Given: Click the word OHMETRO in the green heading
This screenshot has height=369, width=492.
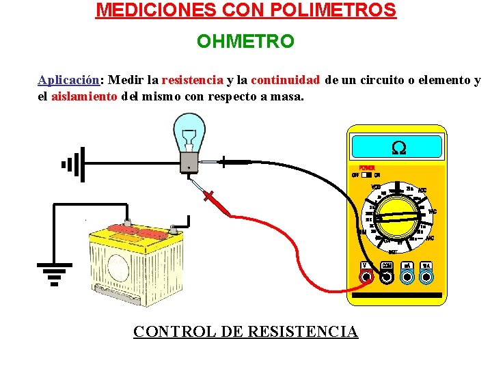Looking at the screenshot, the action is tap(245, 42).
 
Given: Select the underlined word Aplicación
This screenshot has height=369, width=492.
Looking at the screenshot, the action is tap(68, 80).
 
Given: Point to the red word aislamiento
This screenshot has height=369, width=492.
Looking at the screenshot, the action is tap(84, 96).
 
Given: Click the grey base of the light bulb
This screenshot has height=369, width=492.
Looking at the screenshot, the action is tap(187, 161).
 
